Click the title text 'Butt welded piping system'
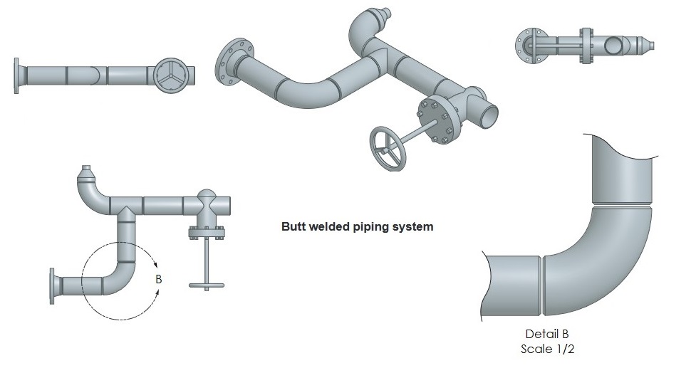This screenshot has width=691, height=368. click(357, 228)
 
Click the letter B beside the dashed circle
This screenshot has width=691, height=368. click(159, 280)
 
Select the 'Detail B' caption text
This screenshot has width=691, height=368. click(547, 334)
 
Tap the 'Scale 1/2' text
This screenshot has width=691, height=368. click(547, 349)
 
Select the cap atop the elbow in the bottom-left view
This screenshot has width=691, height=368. click(87, 173)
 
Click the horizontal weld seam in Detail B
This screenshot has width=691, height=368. click(621, 206)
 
